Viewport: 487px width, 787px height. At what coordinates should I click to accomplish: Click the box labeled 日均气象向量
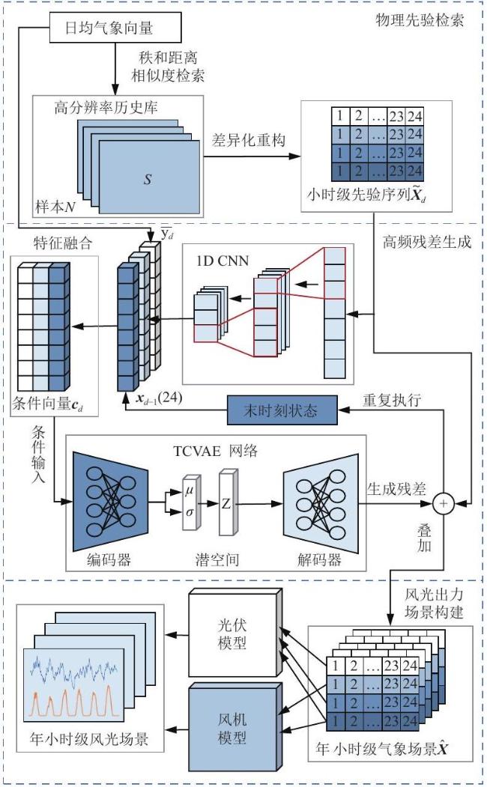point(115,28)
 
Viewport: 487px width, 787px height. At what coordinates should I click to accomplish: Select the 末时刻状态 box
point(282,410)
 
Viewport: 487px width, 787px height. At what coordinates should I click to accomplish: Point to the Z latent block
point(227,502)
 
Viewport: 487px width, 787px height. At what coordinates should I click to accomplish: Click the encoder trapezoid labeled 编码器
point(110,502)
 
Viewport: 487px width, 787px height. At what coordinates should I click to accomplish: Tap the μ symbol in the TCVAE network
point(189,490)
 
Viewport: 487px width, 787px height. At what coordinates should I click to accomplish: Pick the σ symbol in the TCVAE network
point(190,512)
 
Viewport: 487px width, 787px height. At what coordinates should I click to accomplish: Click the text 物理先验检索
point(420,20)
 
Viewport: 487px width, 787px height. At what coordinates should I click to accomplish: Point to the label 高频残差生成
point(427,242)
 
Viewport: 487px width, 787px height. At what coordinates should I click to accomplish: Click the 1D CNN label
point(223,261)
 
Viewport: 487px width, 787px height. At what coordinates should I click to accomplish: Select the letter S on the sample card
point(148,179)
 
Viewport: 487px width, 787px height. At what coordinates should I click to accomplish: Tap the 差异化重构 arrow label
point(249,140)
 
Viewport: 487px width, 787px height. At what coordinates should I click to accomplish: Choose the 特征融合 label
point(63,243)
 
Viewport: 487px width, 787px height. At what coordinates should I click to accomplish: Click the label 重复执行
point(392,400)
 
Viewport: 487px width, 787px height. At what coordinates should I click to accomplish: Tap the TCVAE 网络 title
point(216,451)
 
